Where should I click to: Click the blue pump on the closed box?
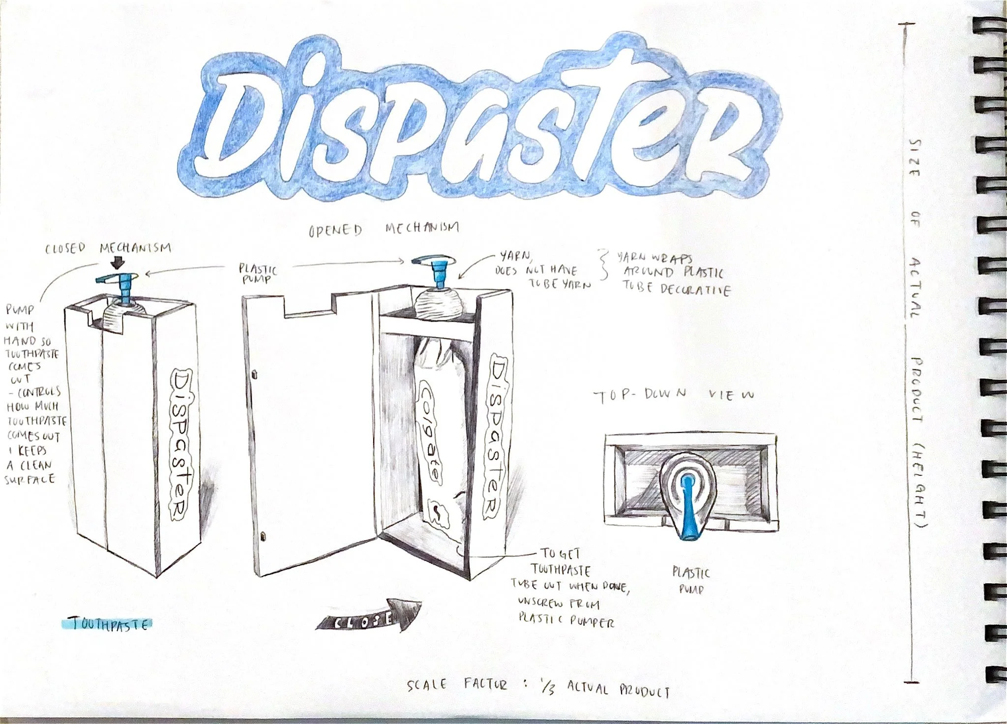point(120,284)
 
